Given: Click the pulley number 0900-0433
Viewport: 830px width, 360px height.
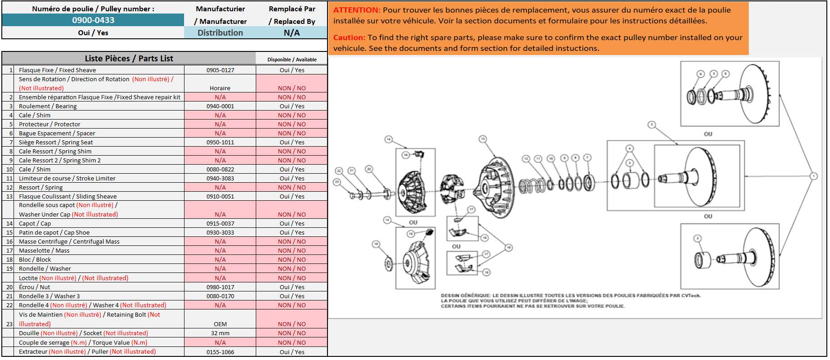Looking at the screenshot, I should tap(93, 20).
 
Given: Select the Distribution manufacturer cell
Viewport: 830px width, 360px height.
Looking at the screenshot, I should tap(220, 32).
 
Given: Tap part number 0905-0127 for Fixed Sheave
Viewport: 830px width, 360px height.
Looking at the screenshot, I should tap(220, 70).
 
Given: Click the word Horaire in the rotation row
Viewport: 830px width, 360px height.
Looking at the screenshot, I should tap(220, 88).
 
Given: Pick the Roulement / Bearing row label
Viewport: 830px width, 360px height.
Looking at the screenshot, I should tap(48, 106).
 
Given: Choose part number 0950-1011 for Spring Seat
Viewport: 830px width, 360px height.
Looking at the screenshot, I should tap(220, 142).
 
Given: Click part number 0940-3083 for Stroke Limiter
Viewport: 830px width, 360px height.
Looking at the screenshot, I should tap(220, 178).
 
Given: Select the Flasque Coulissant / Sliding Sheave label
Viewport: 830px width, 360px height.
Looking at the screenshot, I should tap(68, 196).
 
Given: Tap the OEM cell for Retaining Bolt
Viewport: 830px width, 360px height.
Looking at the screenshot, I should tap(220, 324).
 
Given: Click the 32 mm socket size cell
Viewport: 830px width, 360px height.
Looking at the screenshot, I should tap(220, 333).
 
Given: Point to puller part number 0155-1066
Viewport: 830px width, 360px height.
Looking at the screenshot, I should tap(220, 352).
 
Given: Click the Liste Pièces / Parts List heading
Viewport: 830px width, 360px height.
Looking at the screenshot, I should tap(129, 58).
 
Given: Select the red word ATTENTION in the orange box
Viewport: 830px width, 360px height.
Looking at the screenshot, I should tap(357, 10).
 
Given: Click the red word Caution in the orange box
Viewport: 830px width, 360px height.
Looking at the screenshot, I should tap(349, 37).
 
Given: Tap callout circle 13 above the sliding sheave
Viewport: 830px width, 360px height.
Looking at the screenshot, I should tap(483, 139).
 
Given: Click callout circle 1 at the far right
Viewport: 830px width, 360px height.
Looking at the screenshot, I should tap(813, 176).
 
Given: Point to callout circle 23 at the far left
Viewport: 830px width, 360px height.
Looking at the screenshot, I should tap(337, 182).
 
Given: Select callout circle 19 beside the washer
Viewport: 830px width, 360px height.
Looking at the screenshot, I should tap(376, 244).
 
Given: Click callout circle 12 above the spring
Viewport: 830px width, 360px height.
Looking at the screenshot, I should tap(526, 159).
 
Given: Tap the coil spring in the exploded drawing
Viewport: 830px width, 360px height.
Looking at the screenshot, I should tap(532, 185).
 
